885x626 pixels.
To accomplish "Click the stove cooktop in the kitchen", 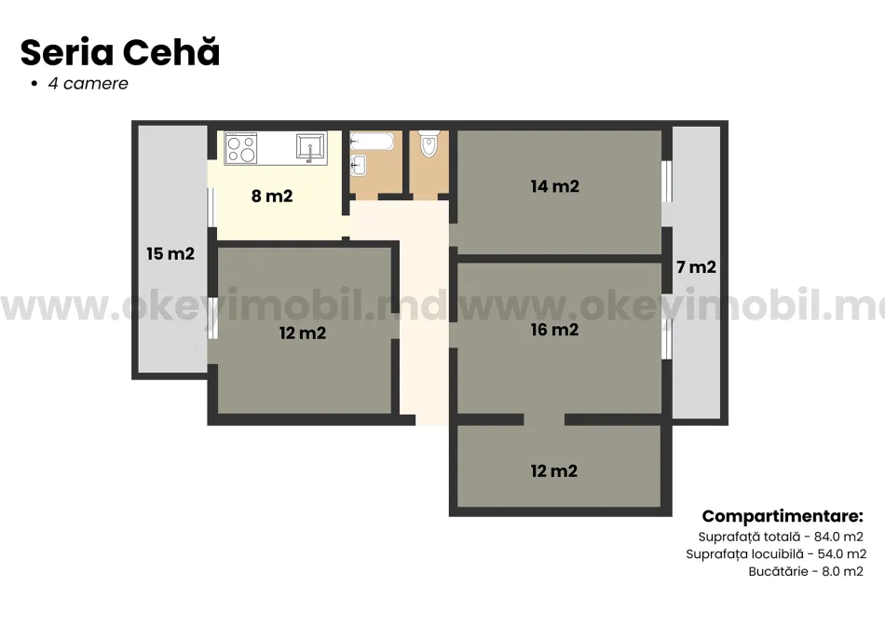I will (x=241, y=148).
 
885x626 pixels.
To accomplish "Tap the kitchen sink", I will (x=310, y=147).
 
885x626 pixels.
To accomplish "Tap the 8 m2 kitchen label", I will (x=272, y=197).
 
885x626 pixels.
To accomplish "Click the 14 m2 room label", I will (x=554, y=186).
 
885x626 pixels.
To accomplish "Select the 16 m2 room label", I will (x=554, y=330).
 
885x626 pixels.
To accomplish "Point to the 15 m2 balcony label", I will (x=170, y=253).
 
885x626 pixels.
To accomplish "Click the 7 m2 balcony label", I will (x=696, y=267).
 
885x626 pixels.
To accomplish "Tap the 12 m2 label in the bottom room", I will (x=554, y=471).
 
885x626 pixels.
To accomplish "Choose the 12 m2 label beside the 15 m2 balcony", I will (x=303, y=333).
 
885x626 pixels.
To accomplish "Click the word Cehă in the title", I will (x=174, y=53).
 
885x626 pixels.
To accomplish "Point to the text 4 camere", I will (x=88, y=84).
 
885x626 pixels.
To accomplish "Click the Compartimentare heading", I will (x=783, y=516).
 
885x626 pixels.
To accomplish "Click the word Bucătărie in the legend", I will (x=778, y=571).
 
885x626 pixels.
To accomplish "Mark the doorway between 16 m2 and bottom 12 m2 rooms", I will (x=544, y=419).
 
